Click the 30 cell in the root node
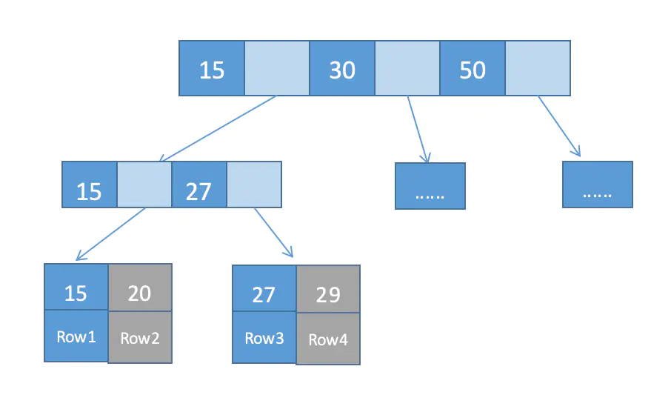pyautogui.click(x=342, y=68)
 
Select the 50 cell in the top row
pyautogui.click(x=473, y=68)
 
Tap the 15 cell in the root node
pyautogui.click(x=212, y=68)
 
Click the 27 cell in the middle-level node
pyautogui.click(x=199, y=185)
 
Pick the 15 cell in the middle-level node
pyautogui.click(x=90, y=185)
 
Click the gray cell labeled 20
pyautogui.click(x=140, y=288)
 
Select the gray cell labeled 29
pyautogui.click(x=328, y=289)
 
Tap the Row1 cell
pyautogui.click(x=76, y=336)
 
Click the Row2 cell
pyautogui.click(x=140, y=337)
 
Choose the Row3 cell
pyautogui.click(x=264, y=337)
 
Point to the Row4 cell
pyautogui.click(x=328, y=339)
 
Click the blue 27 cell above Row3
pyautogui.click(x=264, y=289)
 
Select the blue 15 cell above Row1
pyautogui.click(x=76, y=287)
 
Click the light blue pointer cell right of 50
pyautogui.click(x=538, y=68)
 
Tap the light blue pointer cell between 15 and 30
pyautogui.click(x=277, y=68)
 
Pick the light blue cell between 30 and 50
pyautogui.click(x=407, y=68)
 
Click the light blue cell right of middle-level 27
pyautogui.click(x=254, y=185)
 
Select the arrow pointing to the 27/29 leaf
pyautogui.click(x=274, y=233)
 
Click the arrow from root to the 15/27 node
pyautogui.click(x=218, y=128)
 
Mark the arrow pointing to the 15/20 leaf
pyautogui.click(x=110, y=234)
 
